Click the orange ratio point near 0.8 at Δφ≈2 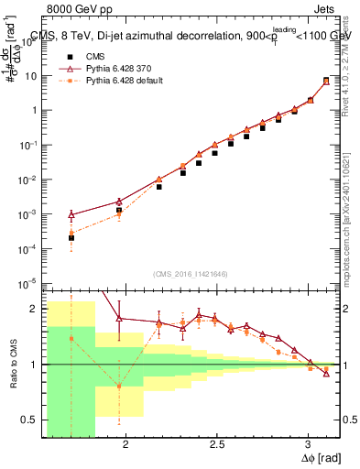pos(119,386)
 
